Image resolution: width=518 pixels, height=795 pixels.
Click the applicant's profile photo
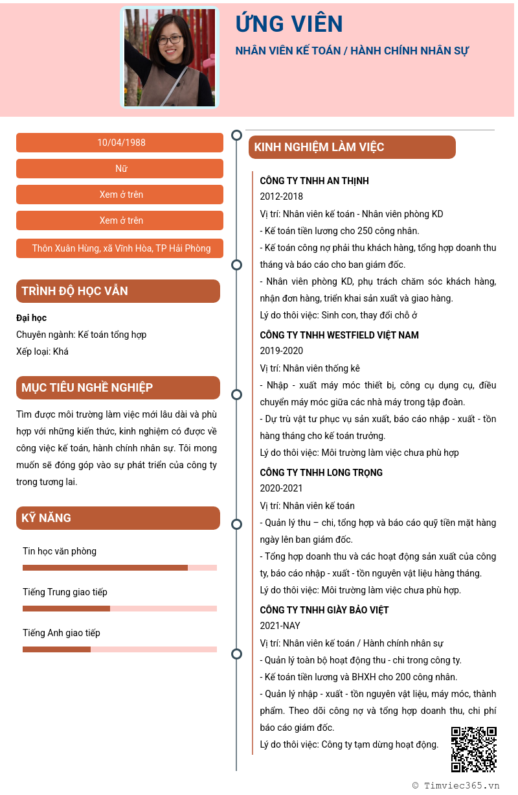click(170, 58)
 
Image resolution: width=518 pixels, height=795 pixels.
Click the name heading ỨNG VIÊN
click(289, 24)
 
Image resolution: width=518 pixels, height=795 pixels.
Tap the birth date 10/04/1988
click(120, 143)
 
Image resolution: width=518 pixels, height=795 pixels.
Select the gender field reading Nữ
click(120, 169)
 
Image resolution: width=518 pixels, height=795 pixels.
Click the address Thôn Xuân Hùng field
click(120, 248)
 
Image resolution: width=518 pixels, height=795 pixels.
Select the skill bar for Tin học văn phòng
click(120, 568)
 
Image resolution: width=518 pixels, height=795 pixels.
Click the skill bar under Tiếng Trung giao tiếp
click(120, 609)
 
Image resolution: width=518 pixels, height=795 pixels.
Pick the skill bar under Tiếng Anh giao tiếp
click(120, 650)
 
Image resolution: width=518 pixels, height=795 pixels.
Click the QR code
click(474, 750)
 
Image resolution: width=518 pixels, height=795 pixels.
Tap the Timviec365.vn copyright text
click(456, 785)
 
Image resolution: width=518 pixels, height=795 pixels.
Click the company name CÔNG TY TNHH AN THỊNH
click(314, 181)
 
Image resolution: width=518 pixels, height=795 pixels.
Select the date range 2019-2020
click(281, 351)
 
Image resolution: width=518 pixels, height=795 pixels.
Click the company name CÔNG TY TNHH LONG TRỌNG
click(321, 473)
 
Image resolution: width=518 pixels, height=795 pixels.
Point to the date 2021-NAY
click(280, 626)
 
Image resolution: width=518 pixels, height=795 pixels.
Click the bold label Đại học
click(31, 318)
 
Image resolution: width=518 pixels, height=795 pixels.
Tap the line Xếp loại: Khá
click(42, 351)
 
